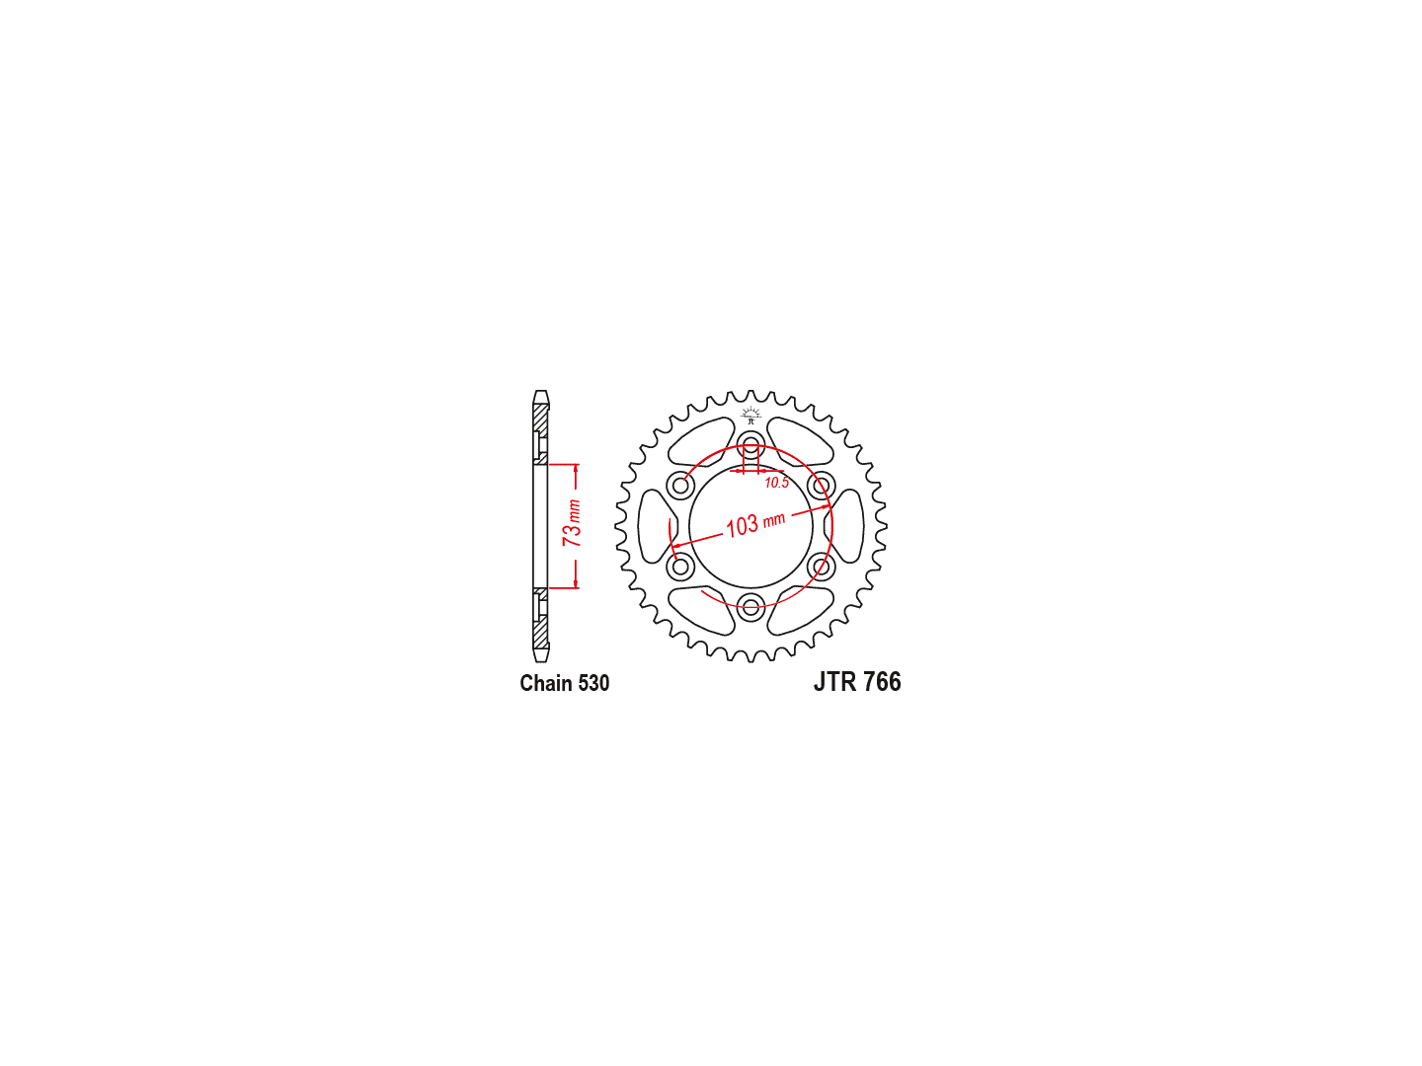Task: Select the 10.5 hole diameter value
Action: pos(776,483)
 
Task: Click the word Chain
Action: pos(545,683)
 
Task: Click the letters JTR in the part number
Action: pos(835,682)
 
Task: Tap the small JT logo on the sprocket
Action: pos(750,415)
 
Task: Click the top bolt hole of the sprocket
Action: pos(750,445)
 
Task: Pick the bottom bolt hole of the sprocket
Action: pos(750,607)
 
